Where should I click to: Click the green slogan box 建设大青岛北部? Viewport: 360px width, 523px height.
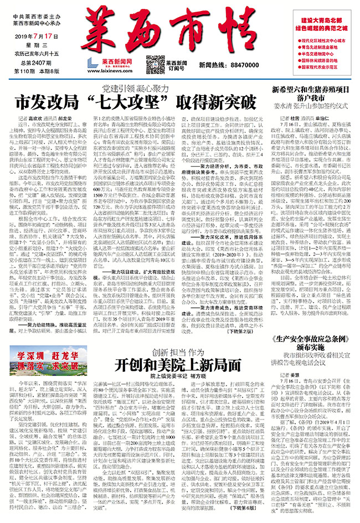pyautogui.click(x=322, y=19)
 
